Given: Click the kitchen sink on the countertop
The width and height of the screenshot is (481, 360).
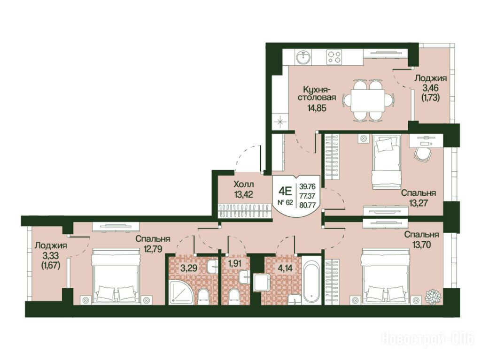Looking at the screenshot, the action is [304, 57].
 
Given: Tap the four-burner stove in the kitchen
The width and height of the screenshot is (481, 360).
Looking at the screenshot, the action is [334, 57].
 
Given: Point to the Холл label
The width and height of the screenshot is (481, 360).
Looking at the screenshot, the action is [244, 184].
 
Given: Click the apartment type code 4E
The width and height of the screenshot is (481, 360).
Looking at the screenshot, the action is [285, 191].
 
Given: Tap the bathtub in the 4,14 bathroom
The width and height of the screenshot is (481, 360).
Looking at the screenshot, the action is [311, 280].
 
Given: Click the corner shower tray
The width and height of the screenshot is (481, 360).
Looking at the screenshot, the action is [181, 291].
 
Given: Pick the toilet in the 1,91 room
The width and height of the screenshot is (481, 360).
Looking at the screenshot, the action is [234, 296].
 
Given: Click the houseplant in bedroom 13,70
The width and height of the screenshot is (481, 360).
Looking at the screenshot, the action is [433, 295].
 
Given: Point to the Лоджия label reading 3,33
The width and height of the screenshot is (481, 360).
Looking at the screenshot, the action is [51, 245].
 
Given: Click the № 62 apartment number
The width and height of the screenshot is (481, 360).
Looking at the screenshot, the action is [285, 202].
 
